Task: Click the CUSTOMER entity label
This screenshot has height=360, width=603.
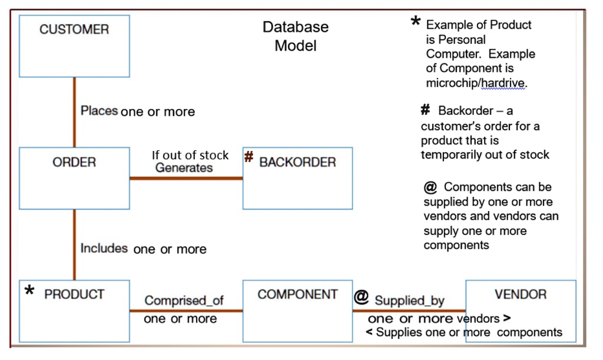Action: click(x=74, y=29)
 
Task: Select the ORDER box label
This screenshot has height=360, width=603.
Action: click(x=74, y=162)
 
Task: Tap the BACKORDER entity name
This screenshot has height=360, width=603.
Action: click(x=297, y=162)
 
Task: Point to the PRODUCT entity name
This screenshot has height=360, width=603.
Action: click(x=74, y=294)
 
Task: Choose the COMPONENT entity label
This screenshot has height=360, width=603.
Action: click(x=297, y=294)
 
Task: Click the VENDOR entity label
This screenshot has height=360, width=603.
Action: click(x=521, y=294)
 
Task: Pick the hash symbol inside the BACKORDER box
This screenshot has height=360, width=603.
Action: click(x=249, y=157)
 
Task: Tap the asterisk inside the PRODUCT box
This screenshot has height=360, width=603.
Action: click(x=29, y=290)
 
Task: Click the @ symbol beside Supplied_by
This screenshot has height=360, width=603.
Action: click(x=361, y=297)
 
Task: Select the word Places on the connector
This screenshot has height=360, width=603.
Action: click(x=99, y=111)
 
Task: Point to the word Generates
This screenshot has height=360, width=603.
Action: click(x=184, y=168)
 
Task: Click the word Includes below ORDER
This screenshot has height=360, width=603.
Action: click(x=104, y=249)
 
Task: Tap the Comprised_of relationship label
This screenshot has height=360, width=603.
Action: click(x=184, y=300)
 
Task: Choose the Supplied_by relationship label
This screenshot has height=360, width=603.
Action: click(x=410, y=300)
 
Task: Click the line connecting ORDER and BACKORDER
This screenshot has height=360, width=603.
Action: click(x=186, y=178)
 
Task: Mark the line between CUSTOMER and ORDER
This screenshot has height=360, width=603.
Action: click(x=74, y=112)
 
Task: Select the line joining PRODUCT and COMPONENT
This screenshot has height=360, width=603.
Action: click(x=186, y=311)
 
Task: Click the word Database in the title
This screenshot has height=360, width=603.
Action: click(x=296, y=27)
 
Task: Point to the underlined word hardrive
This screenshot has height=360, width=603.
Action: click(x=503, y=82)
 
